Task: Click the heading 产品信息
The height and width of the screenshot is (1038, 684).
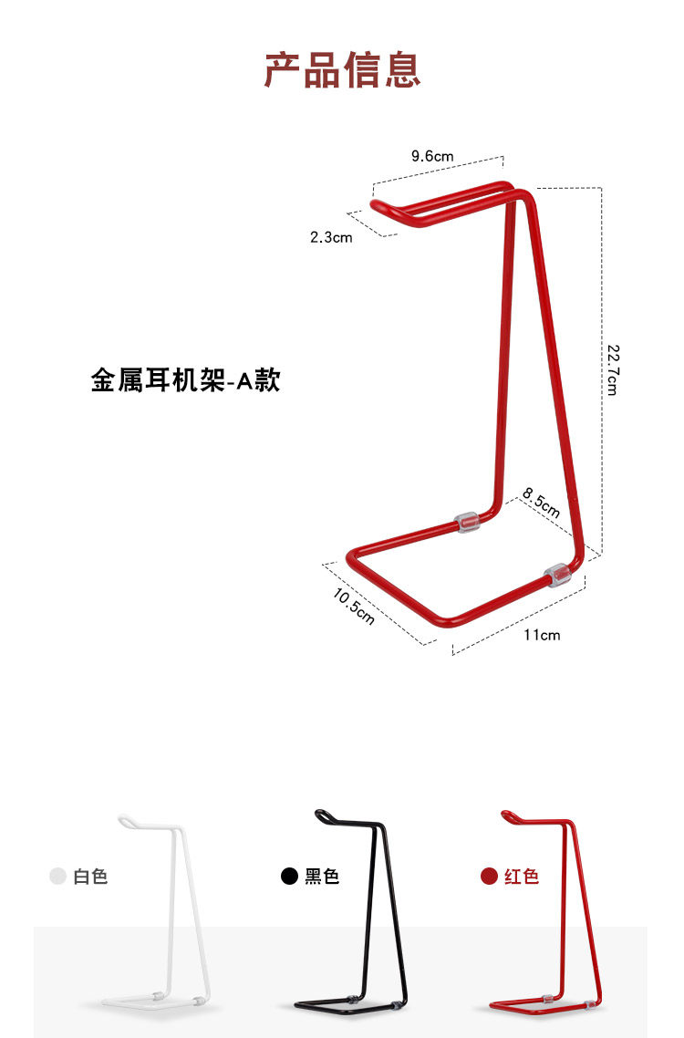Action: pos(342,70)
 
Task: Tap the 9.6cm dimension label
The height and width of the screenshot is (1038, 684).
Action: pos(431,156)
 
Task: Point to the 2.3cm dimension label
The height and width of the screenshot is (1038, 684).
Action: pos(330,238)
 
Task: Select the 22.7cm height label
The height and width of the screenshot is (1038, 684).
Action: pos(612,368)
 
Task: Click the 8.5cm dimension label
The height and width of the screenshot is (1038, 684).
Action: pos(541,503)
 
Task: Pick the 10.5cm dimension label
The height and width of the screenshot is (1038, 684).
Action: pos(354,607)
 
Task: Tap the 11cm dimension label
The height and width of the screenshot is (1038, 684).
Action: pos(542,635)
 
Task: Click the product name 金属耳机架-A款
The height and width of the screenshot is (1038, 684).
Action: pos(185,379)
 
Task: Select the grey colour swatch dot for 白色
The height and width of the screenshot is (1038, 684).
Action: pos(57,877)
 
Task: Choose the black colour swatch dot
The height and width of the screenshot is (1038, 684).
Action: pos(289,877)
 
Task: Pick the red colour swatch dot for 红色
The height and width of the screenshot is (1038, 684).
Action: pos(489,877)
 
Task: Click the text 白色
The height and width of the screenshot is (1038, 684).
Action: pos(90,877)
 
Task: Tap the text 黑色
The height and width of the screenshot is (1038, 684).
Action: pos(322,877)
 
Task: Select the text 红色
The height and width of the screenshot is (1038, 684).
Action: pos(522,877)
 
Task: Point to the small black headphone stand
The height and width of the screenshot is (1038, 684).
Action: pos(356,912)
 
